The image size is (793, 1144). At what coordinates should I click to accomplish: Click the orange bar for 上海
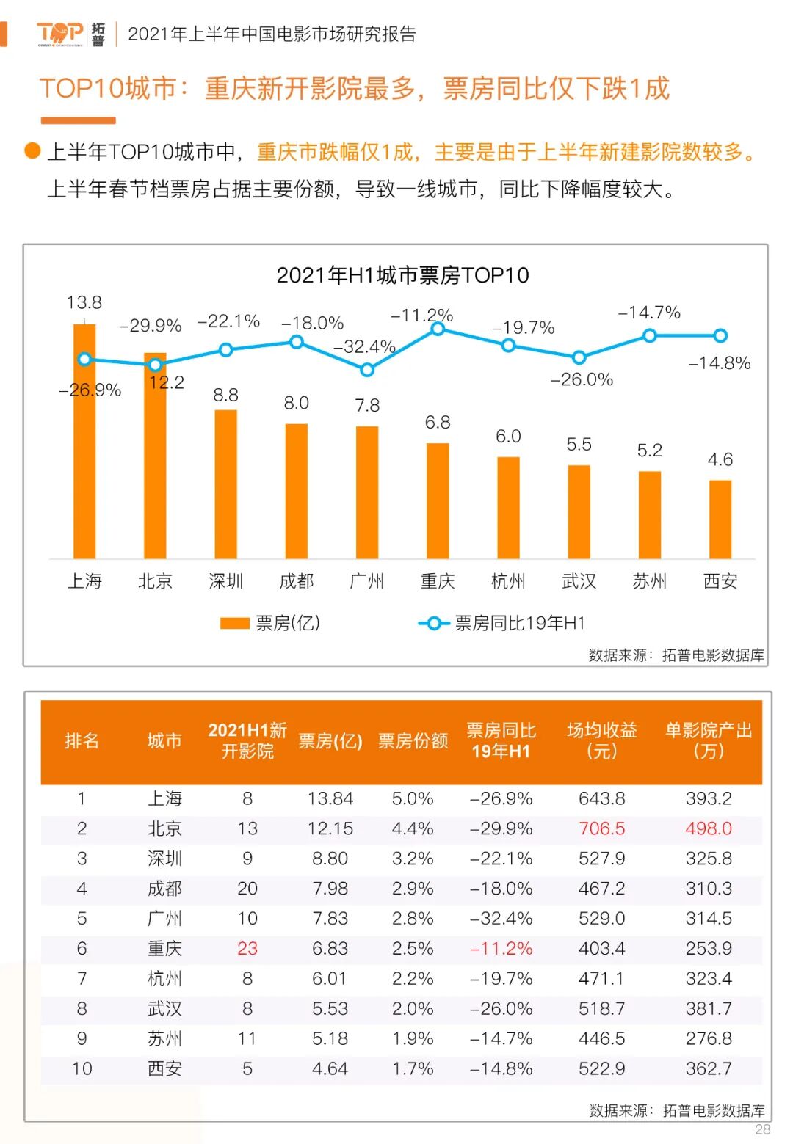click(84, 440)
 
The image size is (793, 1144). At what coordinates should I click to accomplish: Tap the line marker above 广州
click(367, 370)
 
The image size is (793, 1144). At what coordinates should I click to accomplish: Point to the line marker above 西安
click(720, 335)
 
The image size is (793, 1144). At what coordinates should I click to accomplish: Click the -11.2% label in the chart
click(421, 316)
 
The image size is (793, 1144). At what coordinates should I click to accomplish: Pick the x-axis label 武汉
click(579, 581)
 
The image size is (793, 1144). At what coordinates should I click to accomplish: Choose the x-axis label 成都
click(297, 581)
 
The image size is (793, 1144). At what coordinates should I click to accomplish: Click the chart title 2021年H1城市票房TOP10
click(402, 275)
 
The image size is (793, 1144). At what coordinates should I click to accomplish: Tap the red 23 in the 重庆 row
click(247, 948)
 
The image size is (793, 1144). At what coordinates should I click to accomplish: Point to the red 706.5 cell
click(601, 828)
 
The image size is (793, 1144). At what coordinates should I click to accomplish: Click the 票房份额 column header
click(413, 741)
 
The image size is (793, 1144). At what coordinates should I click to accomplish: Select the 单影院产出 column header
click(709, 741)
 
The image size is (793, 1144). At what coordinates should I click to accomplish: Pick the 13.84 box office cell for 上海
click(330, 798)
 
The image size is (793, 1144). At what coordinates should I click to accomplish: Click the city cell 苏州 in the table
click(164, 1038)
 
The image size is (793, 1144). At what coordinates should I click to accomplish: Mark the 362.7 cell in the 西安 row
click(709, 1068)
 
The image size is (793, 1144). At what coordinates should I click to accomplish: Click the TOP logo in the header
click(60, 33)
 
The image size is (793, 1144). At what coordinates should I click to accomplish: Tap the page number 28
click(763, 1129)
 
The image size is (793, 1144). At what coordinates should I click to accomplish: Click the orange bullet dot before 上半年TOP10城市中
click(32, 150)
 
